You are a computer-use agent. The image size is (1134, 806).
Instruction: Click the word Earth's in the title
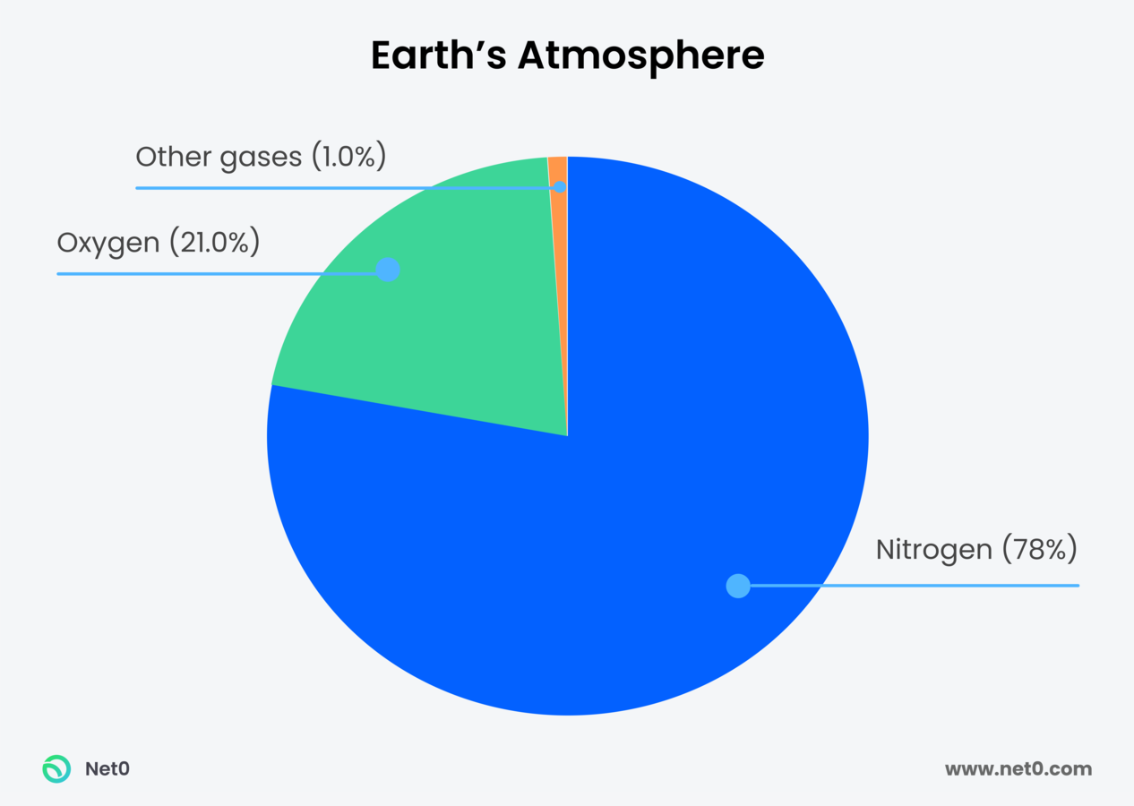click(x=438, y=56)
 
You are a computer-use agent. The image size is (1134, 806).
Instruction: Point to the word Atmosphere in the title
click(x=641, y=56)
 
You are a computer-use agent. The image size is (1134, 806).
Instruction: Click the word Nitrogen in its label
click(x=933, y=549)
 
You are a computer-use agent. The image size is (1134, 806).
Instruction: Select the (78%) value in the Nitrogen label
click(x=1039, y=549)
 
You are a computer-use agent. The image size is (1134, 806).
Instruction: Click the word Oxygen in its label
click(x=107, y=242)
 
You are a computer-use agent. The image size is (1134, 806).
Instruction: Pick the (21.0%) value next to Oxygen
click(x=212, y=242)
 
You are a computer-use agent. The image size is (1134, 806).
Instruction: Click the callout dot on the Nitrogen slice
click(x=737, y=586)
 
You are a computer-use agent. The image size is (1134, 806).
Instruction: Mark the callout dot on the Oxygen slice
click(x=387, y=270)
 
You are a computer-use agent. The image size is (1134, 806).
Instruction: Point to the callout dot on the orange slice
click(x=560, y=187)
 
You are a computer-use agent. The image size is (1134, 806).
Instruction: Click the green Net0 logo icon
click(x=56, y=768)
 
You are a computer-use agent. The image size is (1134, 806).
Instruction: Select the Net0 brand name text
click(x=107, y=768)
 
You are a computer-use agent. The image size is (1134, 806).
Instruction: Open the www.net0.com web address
click(x=1018, y=768)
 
